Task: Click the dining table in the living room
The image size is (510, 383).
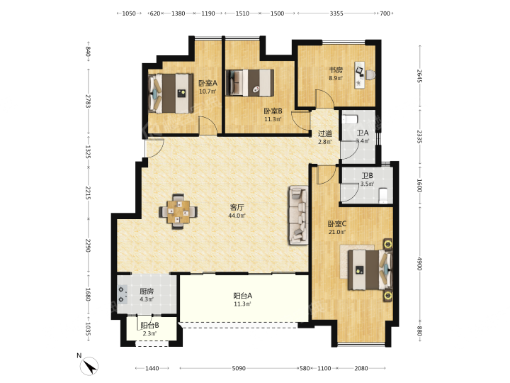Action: [178, 211]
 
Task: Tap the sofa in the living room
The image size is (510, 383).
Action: [298, 215]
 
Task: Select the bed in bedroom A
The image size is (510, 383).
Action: [170, 94]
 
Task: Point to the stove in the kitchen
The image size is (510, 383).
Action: [122, 294]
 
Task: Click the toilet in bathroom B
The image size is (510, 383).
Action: [383, 195]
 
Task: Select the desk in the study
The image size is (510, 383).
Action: [359, 74]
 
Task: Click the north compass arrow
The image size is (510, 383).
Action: [89, 366]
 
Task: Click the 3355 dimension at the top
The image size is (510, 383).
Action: [336, 13]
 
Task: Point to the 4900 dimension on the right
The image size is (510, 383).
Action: [419, 263]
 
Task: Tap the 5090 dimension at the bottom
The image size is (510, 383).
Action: [239, 368]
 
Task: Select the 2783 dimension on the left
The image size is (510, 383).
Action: [88, 101]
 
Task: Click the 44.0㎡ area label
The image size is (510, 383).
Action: [237, 216]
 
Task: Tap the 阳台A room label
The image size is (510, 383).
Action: [243, 296]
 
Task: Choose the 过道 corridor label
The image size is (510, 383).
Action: [325, 133]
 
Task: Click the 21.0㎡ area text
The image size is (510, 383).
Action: [336, 232]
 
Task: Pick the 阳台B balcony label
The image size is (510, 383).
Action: [149, 326]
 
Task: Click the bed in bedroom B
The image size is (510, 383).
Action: [250, 83]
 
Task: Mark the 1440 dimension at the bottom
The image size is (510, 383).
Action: [152, 368]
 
